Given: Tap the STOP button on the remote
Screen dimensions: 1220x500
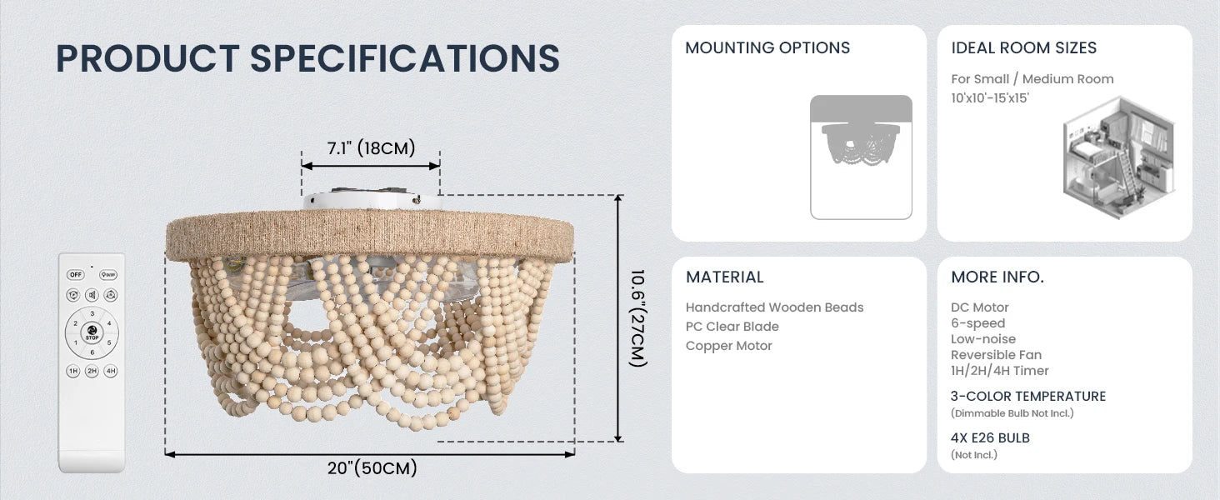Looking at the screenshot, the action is click(92, 332).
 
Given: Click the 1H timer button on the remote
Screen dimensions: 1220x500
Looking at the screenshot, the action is click(73, 371).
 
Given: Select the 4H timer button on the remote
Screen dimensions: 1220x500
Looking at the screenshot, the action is click(111, 371).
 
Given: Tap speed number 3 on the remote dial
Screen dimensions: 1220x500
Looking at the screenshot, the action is click(92, 313).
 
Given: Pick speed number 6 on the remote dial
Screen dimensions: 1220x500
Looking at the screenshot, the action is click(92, 352).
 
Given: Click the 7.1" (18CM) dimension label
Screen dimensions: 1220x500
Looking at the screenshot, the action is click(371, 147).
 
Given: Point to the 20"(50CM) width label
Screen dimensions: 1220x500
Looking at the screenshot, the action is click(372, 467).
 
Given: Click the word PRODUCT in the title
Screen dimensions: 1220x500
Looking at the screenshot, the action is click(147, 58).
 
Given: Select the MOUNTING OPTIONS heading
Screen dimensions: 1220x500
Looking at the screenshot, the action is click(767, 48).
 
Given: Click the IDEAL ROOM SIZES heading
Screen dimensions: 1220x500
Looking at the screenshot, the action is click(1024, 48).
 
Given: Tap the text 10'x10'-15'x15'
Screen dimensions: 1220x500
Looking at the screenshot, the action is click(990, 98).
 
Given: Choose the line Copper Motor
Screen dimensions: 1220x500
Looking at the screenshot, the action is click(728, 346).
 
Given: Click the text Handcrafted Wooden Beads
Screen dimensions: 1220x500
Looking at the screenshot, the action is click(774, 307).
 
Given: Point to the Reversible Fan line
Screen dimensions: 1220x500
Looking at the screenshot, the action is click(996, 354).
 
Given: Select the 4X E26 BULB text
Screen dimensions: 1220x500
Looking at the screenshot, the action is click(990, 437).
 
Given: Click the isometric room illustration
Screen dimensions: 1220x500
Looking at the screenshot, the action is click(1118, 158).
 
